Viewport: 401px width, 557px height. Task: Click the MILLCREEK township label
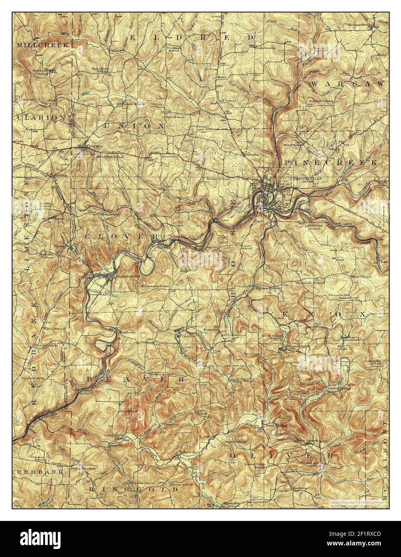[x=43, y=45]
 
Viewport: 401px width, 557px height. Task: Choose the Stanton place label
[x=211, y=330]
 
